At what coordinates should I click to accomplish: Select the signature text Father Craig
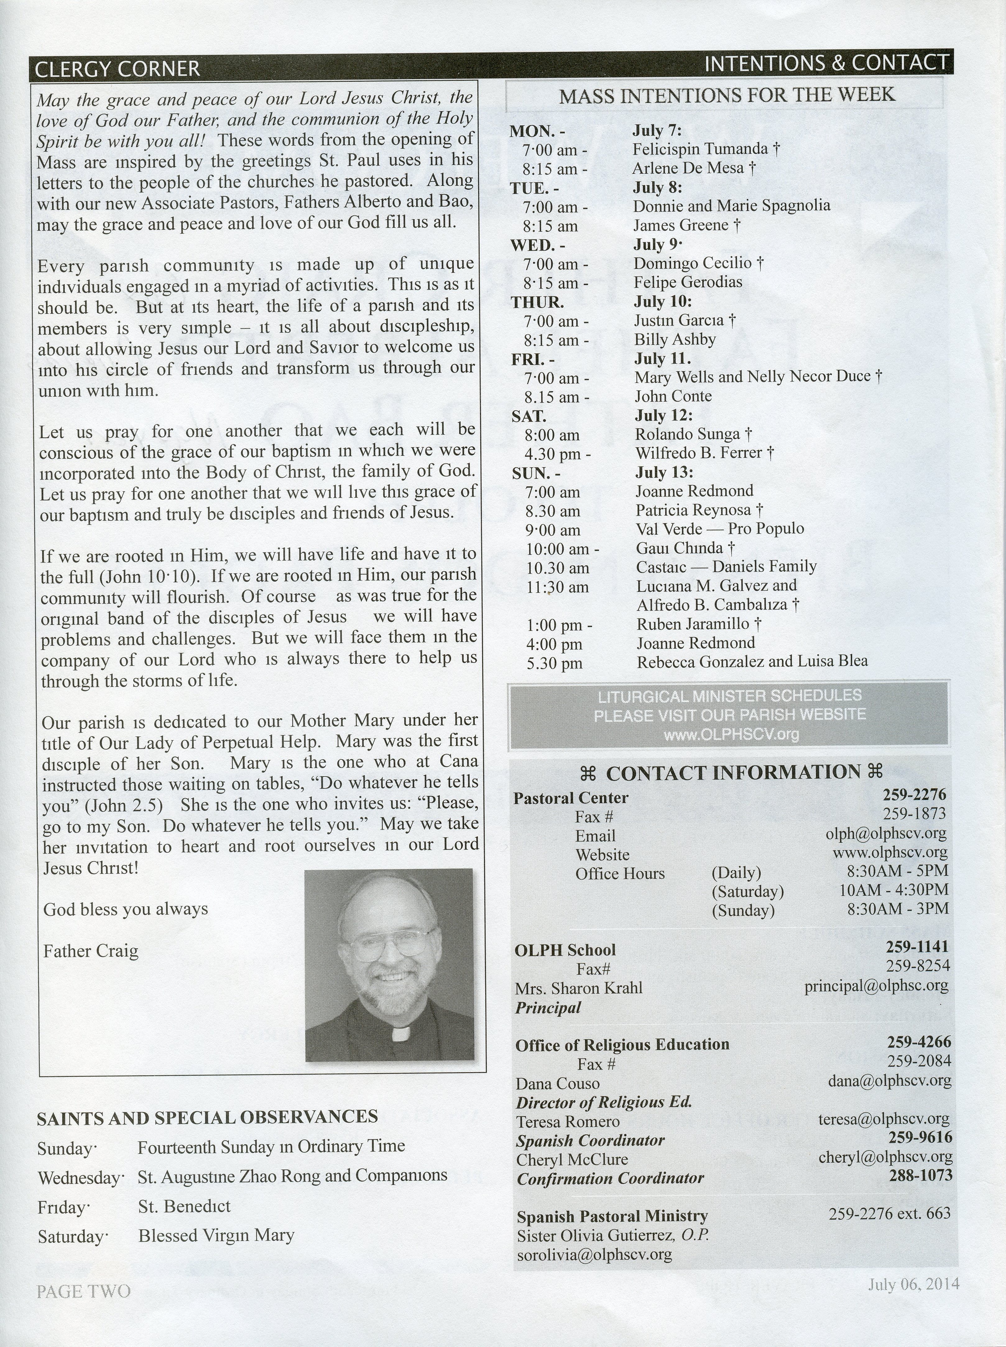[91, 951]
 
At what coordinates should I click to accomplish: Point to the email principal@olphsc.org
[876, 985]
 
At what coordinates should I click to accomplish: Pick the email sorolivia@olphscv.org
[594, 1254]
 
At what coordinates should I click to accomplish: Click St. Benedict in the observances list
[184, 1206]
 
